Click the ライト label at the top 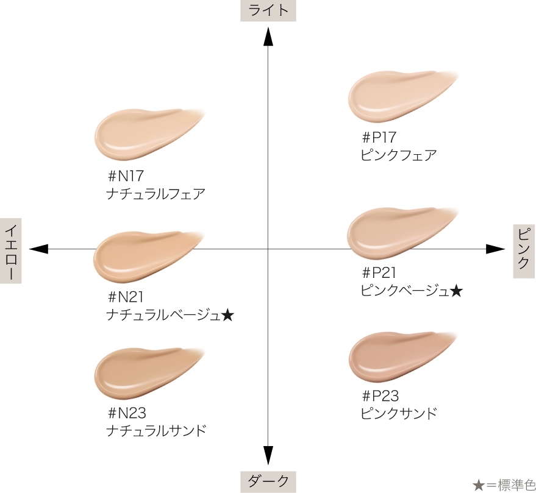[268, 11]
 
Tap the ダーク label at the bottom [268, 481]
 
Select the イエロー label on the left [11, 250]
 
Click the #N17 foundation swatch [140, 133]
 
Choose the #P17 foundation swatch [393, 96]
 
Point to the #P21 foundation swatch [393, 232]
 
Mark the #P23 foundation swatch [393, 355]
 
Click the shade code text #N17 [125, 176]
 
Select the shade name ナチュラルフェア [155, 194]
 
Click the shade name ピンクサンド [399, 413]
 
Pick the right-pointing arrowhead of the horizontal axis [495, 249]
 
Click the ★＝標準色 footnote [504, 484]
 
